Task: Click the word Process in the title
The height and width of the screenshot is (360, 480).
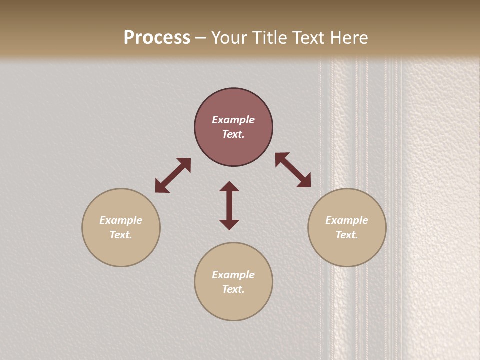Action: coord(157,38)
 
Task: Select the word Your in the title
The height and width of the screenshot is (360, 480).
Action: coord(231,38)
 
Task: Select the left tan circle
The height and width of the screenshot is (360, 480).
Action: coord(121,250)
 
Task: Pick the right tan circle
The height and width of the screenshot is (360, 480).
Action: coord(347,250)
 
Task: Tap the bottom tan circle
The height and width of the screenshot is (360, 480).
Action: coord(233,305)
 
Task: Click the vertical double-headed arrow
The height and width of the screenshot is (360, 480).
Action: coord(229,205)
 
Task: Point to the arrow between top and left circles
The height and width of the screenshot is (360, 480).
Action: coord(173,175)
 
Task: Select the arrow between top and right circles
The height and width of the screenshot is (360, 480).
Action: coord(293,170)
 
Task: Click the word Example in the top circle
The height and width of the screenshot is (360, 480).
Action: coord(233,120)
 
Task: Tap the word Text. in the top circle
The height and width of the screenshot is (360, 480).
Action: coord(233,134)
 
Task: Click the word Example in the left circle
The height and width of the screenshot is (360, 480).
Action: coord(121,220)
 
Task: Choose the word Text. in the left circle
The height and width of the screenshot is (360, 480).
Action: coord(121,235)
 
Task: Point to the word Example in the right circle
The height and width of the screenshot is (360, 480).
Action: coord(347,220)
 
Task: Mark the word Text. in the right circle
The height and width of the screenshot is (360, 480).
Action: coord(347,235)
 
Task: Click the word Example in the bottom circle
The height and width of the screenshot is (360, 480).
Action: coord(233,275)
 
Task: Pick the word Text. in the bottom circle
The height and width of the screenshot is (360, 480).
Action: coord(233,289)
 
